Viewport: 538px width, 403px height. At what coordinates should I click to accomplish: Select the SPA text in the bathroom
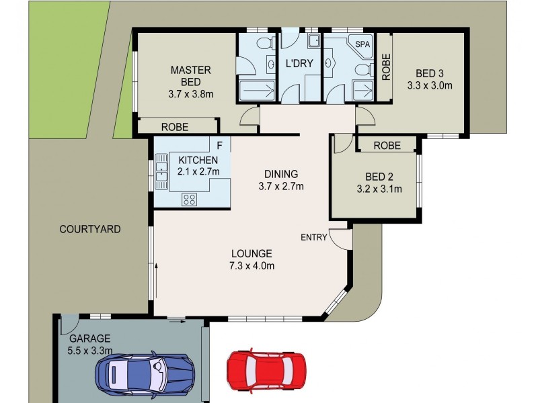(362, 44)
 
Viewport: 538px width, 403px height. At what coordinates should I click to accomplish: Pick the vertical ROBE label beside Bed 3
(386, 67)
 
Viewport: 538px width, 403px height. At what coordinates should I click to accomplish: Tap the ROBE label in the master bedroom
(174, 126)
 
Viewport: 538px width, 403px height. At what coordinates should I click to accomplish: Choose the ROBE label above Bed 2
(387, 145)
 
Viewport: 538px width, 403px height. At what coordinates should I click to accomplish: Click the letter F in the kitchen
(219, 145)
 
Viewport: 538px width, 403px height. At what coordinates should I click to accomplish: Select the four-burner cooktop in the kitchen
(189, 199)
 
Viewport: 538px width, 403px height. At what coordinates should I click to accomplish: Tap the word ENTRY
(313, 237)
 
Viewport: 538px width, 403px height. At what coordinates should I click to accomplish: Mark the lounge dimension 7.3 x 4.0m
(252, 265)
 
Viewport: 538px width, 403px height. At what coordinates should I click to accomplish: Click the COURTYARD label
(90, 229)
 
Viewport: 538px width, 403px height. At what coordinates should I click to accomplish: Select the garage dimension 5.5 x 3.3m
(89, 350)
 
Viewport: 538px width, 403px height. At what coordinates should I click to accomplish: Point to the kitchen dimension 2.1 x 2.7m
(198, 171)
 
